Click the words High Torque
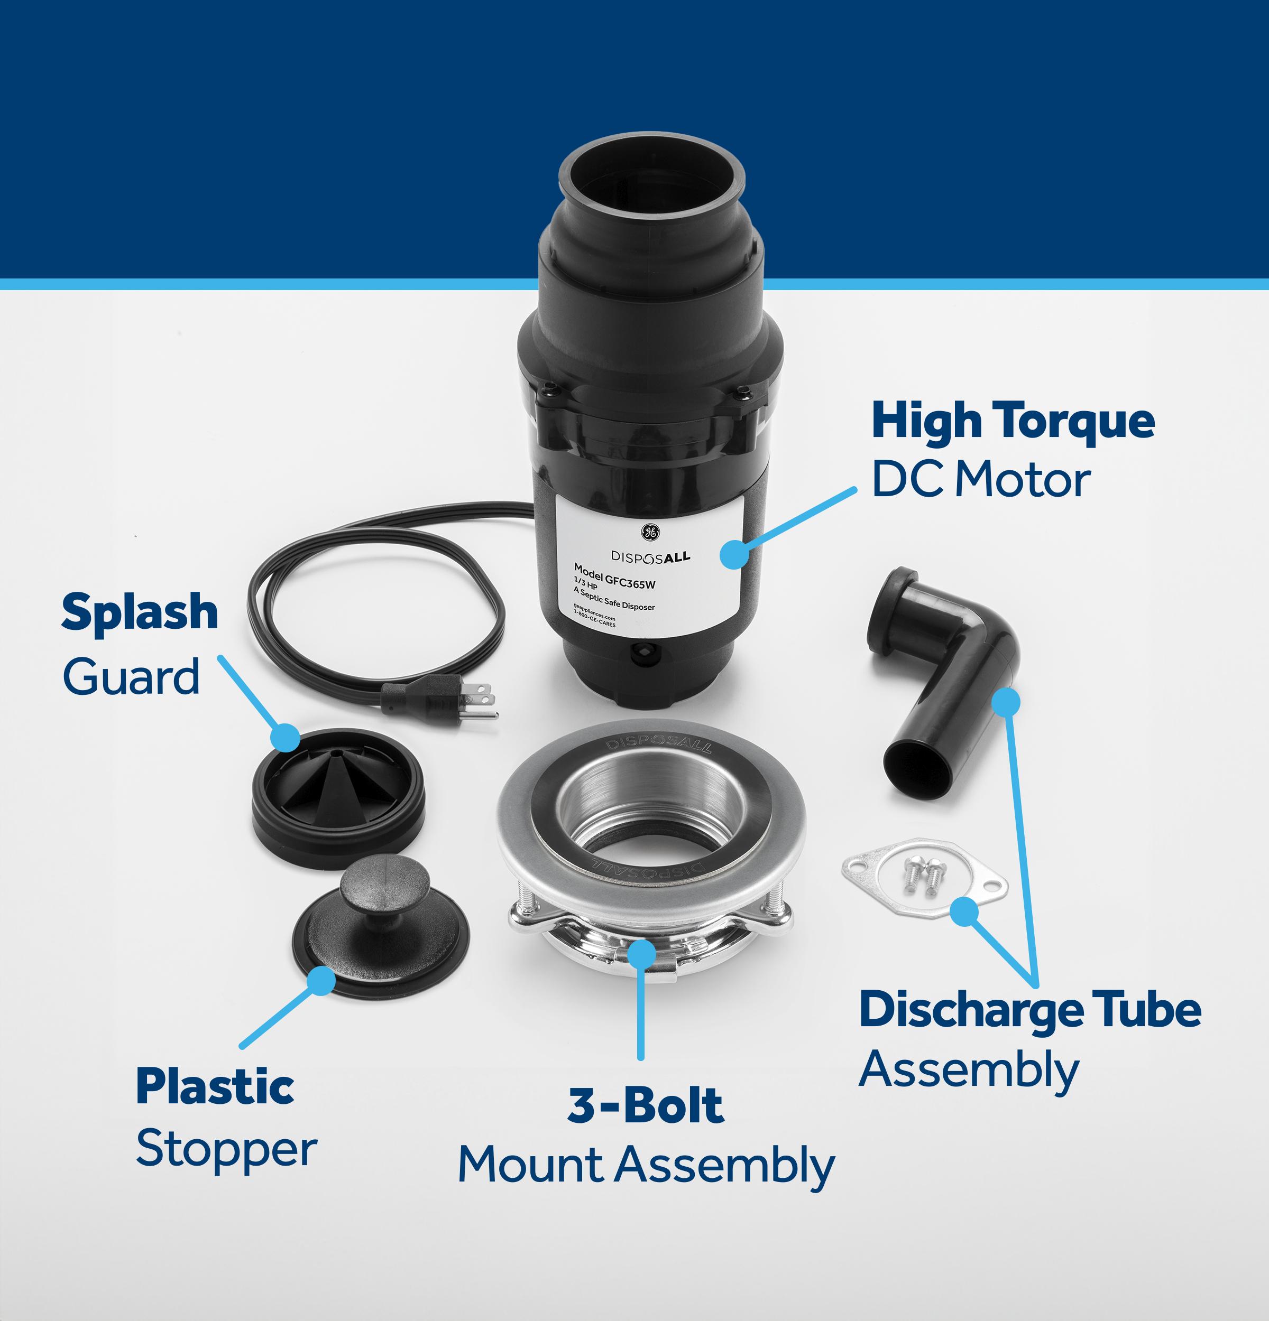coord(1013,422)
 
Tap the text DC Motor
coord(980,480)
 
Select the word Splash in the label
coord(140,612)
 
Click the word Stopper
coord(226,1149)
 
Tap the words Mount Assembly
coord(646,1165)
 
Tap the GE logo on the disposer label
coord(649,531)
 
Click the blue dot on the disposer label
coord(734,553)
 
